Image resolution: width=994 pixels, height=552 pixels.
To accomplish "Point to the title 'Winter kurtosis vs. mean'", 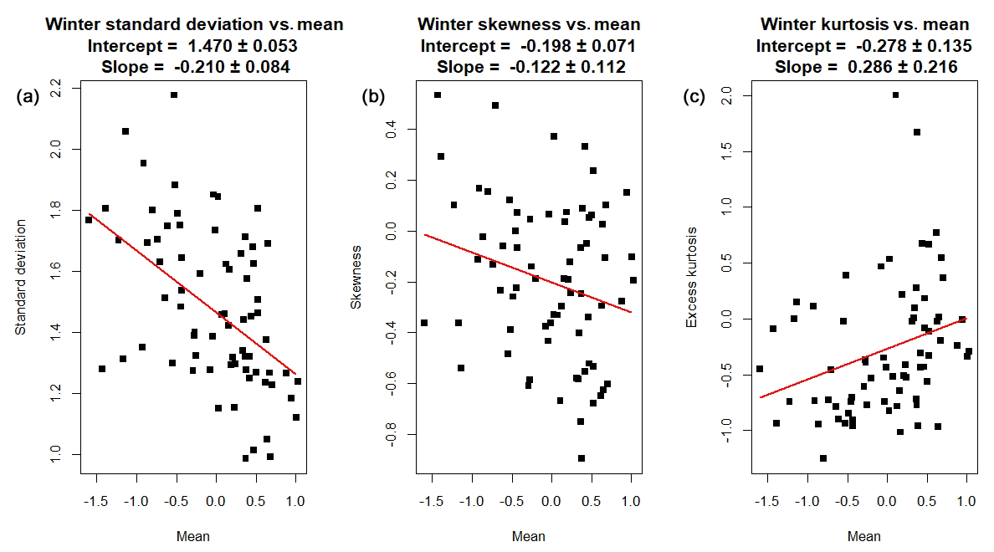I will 864,24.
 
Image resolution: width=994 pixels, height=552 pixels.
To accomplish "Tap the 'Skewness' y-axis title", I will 356,277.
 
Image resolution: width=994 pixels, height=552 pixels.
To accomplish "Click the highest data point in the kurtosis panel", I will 895,95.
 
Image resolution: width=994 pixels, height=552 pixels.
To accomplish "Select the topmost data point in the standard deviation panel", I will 174,95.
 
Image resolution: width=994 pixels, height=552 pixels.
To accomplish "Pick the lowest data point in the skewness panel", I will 581,458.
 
